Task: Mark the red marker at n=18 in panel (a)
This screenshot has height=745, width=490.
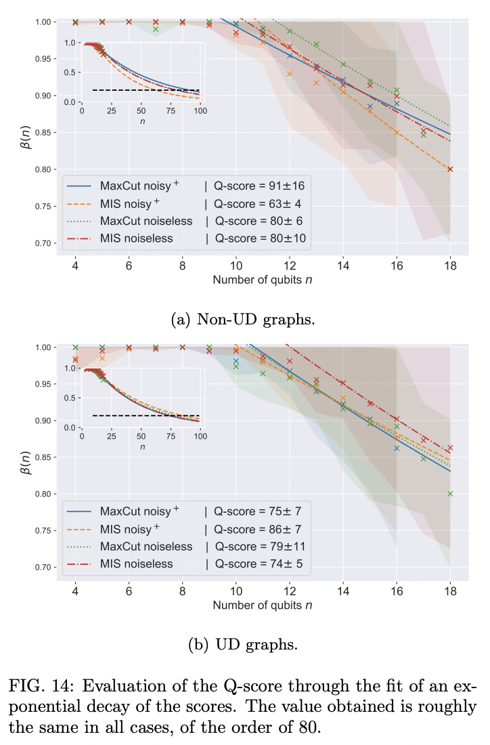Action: tap(450, 169)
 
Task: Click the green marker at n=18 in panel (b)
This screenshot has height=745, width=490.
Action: tap(450, 494)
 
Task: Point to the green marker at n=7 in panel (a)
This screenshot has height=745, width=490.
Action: tap(156, 29)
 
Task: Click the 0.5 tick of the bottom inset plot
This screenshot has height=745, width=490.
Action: tap(72, 398)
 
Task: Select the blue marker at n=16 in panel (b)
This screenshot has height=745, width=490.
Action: tap(397, 448)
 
